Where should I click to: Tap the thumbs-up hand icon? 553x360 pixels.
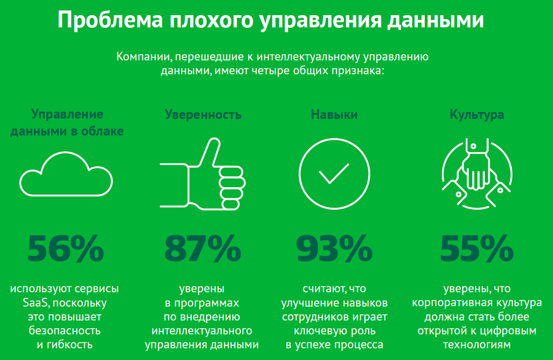pyautogui.click(x=203, y=174)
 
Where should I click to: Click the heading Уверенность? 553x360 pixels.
pyautogui.click(x=203, y=115)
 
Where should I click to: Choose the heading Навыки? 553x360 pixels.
pyautogui.click(x=334, y=115)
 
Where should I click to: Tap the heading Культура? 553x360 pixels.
pyautogui.click(x=477, y=115)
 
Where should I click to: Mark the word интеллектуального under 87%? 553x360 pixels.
pyautogui.click(x=202, y=331)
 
